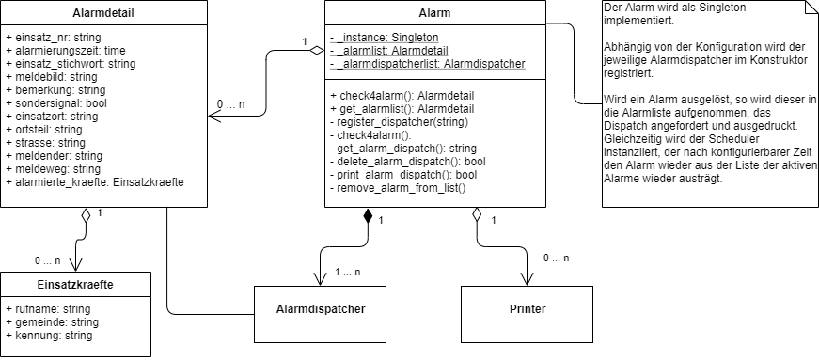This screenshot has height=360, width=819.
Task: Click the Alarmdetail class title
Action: point(103,13)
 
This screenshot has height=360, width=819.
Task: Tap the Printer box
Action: point(527,308)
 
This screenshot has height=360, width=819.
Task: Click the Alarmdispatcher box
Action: point(321,308)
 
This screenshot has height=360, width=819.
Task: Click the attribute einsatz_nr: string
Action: point(55,38)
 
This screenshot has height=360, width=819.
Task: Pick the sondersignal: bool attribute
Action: point(55,103)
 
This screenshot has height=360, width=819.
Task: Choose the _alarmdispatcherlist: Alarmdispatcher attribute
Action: point(428,64)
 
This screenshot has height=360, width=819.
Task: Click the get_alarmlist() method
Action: point(394,109)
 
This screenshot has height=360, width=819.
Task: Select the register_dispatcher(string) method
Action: point(402,122)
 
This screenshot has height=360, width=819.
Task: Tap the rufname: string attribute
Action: point(48,308)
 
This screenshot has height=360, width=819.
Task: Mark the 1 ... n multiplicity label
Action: point(348,273)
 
